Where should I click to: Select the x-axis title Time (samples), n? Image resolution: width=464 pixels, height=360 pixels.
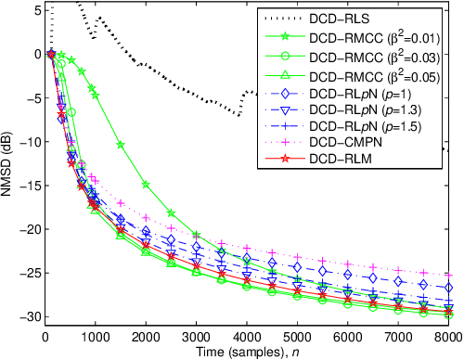pyautogui.click(x=251, y=353)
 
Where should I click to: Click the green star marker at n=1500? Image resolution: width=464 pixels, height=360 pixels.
pyautogui.click(x=122, y=145)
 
